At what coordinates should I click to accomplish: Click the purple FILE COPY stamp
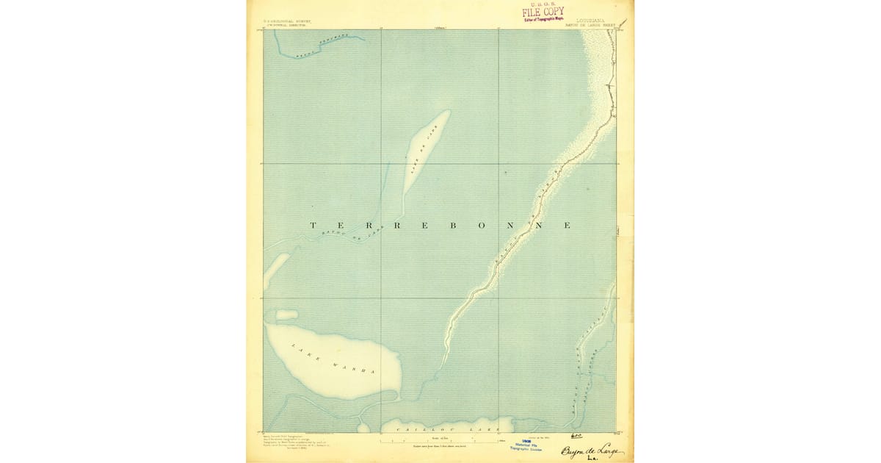545,12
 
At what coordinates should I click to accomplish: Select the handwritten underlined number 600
575,434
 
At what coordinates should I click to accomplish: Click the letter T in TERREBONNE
313,225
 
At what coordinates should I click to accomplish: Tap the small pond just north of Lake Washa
286,315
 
